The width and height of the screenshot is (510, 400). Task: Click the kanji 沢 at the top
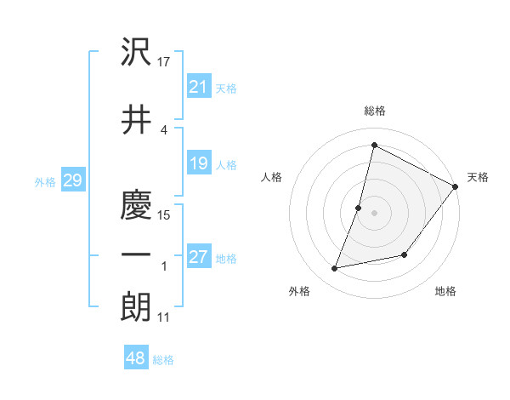click(136, 54)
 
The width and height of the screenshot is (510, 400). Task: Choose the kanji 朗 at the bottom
click(136, 307)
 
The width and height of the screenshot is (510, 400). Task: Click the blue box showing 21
click(199, 87)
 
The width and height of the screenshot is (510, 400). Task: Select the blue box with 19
click(199, 163)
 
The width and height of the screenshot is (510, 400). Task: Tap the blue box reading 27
click(199, 257)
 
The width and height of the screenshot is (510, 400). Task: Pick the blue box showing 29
click(72, 180)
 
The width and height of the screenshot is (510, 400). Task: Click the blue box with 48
click(136, 358)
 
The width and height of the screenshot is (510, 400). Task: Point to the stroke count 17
click(164, 61)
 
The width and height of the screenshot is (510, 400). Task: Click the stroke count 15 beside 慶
click(164, 214)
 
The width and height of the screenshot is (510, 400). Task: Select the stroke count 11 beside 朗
click(164, 317)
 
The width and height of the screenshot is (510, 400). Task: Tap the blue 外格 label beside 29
click(44, 181)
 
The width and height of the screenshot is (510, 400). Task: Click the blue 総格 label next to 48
click(163, 360)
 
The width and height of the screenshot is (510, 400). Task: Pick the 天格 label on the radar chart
click(478, 177)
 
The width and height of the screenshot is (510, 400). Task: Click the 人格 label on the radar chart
click(271, 177)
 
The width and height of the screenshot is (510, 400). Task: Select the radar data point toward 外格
click(335, 268)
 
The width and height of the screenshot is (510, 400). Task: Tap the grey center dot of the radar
click(374, 212)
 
